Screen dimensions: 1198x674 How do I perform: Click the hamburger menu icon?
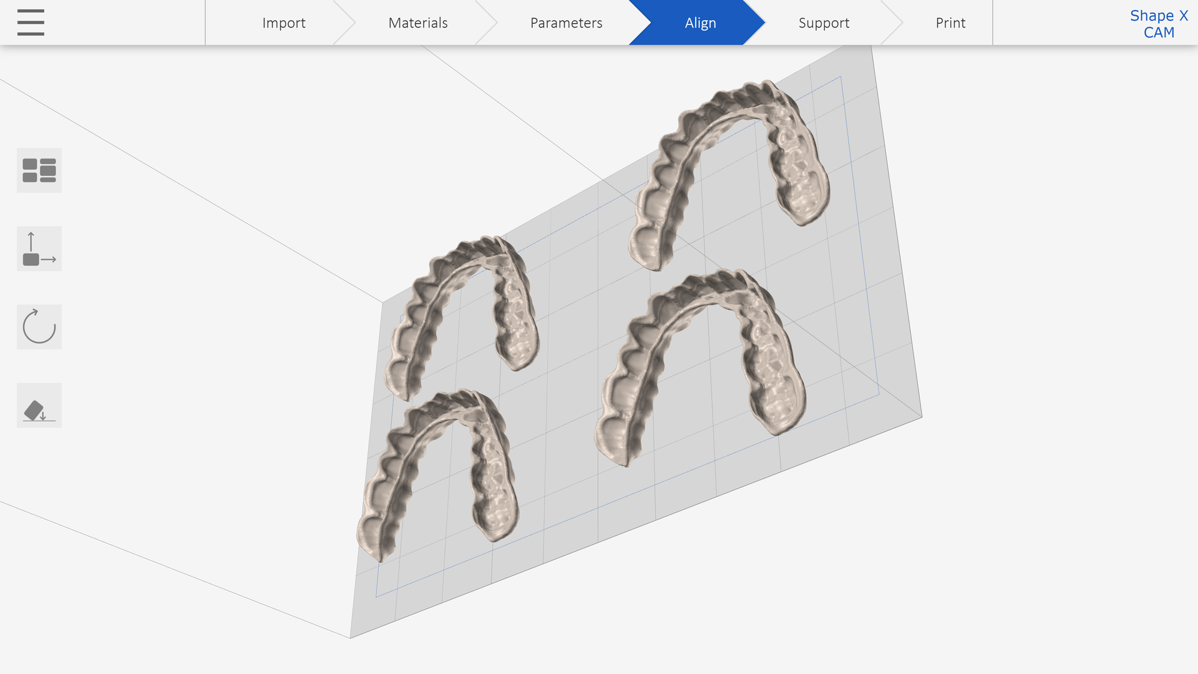31,22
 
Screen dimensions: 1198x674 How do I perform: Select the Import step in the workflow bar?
284,23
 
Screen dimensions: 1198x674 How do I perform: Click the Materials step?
418,23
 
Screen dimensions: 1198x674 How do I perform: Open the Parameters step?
566,23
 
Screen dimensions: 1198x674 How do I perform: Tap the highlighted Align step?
700,23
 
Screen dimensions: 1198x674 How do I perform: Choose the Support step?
824,23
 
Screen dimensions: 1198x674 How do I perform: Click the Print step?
950,23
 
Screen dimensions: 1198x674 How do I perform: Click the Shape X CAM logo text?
1159,24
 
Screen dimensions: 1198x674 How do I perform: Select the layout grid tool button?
39,170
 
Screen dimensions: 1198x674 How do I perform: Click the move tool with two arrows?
39,249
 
